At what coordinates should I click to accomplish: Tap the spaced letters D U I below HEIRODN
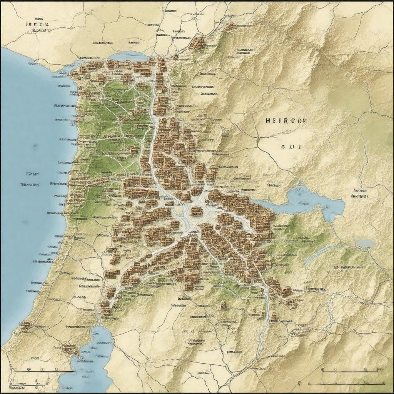tap(292, 147)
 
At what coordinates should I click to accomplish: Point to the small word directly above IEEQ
tap(39, 18)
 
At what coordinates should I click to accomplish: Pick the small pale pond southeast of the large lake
tap(365, 243)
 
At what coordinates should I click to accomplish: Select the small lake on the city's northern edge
tap(127, 56)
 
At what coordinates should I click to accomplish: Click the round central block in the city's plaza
tap(196, 211)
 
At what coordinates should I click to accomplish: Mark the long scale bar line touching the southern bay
tap(44, 372)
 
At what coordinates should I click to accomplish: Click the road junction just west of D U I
tap(259, 137)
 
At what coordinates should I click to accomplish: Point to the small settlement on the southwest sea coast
tap(25, 326)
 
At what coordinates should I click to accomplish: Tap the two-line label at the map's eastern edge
tap(360, 193)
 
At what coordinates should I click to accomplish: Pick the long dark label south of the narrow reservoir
tap(348, 266)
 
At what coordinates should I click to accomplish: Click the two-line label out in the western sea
tap(30, 179)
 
